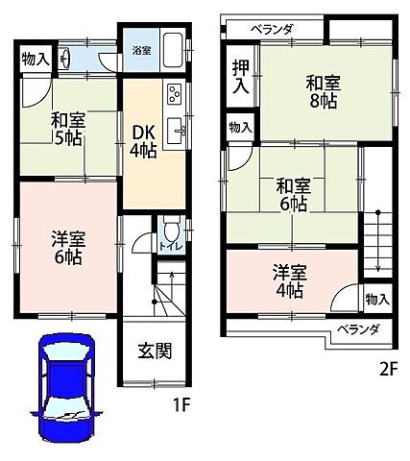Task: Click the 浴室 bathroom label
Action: [x=140, y=50]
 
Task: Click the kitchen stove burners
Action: [x=176, y=94]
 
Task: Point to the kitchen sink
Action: [x=177, y=130]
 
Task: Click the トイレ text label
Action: [x=170, y=247]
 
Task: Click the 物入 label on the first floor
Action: [x=36, y=60]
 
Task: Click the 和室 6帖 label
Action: [x=293, y=194]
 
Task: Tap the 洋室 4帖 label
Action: [x=289, y=279]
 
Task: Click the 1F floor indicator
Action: [x=181, y=406]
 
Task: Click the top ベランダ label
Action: [x=272, y=30]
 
